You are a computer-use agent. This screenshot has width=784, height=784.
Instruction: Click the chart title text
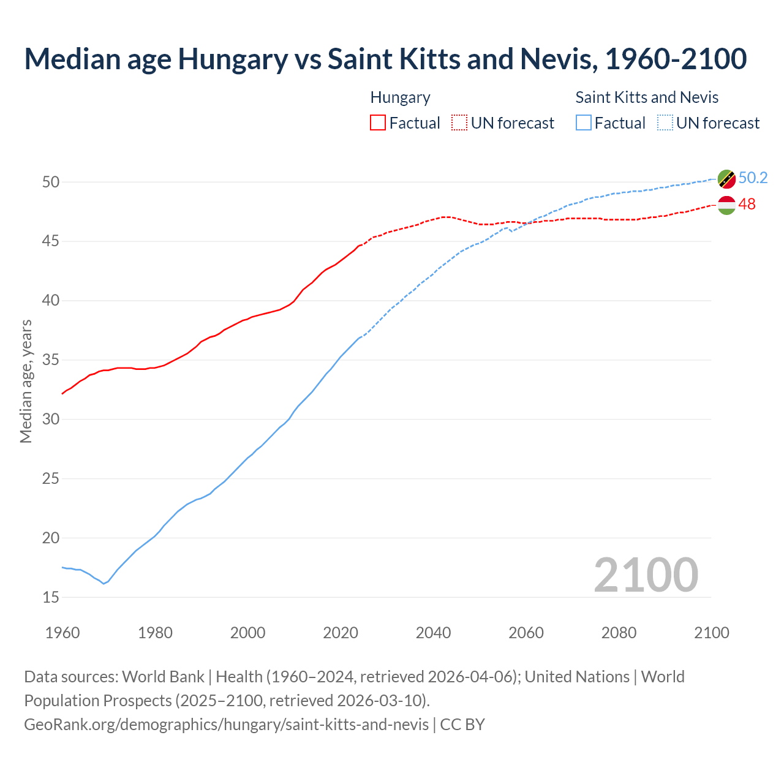click(385, 59)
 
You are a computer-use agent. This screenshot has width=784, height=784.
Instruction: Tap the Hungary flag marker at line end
click(726, 205)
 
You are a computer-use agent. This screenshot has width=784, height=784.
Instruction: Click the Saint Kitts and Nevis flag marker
click(726, 179)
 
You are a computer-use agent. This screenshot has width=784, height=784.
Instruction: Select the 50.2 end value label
click(753, 178)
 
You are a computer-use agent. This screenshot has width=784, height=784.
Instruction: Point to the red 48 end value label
click(747, 205)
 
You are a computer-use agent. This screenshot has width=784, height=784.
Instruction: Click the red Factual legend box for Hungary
click(378, 123)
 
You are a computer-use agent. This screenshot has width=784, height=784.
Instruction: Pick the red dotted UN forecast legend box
click(459, 123)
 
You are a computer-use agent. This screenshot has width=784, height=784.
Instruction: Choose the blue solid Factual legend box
click(584, 123)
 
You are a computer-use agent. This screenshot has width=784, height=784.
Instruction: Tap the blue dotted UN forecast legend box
click(665, 123)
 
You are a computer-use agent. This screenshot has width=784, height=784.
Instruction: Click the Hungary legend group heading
click(400, 97)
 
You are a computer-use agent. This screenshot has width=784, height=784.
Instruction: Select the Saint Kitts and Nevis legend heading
click(647, 97)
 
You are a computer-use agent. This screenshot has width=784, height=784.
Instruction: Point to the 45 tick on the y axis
click(51, 241)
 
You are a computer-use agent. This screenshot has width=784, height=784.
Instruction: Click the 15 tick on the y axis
click(51, 597)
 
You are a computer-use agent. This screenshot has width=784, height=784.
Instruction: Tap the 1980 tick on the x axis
click(155, 633)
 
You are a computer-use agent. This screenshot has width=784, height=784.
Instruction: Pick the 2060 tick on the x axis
click(526, 633)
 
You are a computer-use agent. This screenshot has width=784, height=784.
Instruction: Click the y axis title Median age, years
click(26, 381)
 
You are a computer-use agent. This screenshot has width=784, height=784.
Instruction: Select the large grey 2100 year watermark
click(646, 575)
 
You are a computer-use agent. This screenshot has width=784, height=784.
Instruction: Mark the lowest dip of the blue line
click(104, 584)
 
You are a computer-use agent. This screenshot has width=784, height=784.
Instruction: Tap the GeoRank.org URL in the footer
click(226, 725)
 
